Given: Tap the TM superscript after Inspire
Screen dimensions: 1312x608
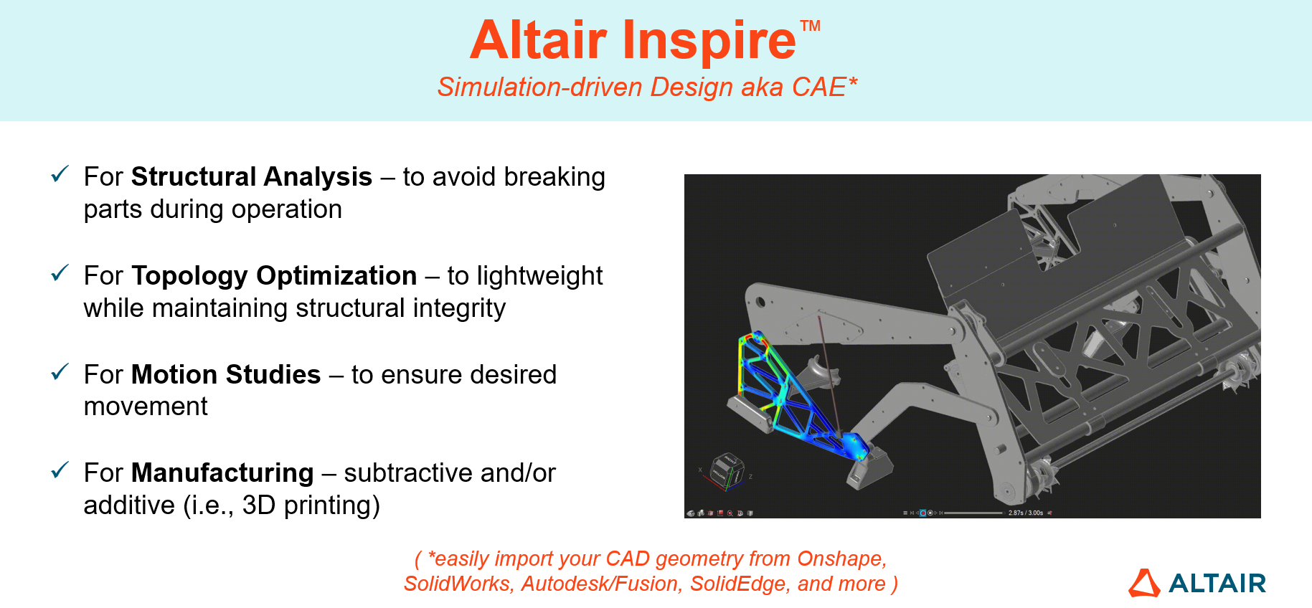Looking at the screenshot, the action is pyautogui.click(x=810, y=27).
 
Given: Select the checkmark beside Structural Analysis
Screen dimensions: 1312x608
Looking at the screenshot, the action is pyautogui.click(x=60, y=174).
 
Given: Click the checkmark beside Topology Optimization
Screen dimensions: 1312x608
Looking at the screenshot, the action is pyautogui.click(x=60, y=272).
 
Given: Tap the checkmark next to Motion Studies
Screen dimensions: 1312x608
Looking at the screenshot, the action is pyautogui.click(x=60, y=371).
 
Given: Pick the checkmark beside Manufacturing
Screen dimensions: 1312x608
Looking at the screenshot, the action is pyautogui.click(x=60, y=470).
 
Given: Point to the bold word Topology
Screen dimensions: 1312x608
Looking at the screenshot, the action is pyautogui.click(x=189, y=276).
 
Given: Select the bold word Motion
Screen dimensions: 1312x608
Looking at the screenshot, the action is pyautogui.click(x=174, y=374).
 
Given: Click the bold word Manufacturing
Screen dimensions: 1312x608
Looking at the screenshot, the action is pyautogui.click(x=222, y=473).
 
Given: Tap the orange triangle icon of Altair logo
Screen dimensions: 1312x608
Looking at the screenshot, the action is pyautogui.click(x=1144, y=583).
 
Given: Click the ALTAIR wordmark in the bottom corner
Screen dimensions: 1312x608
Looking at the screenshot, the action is pyautogui.click(x=1217, y=584).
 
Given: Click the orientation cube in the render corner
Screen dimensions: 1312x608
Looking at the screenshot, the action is pyautogui.click(x=727, y=471).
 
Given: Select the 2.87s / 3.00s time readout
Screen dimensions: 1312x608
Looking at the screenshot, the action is pyautogui.click(x=1026, y=513).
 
